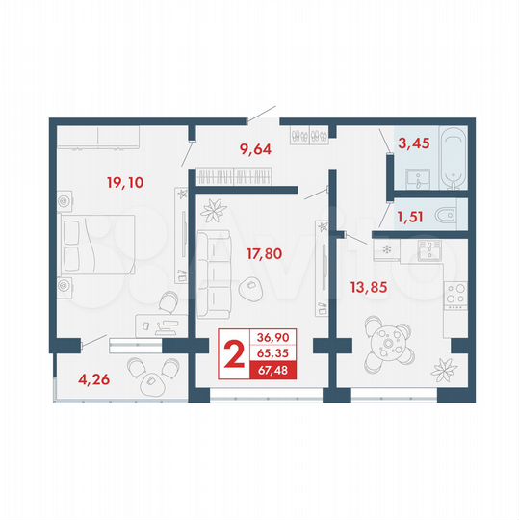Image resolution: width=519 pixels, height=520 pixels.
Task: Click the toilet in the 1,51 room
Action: point(446,215)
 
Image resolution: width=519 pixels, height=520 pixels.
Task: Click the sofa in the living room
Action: point(213,273)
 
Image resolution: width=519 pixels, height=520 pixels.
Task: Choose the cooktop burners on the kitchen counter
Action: point(454,294)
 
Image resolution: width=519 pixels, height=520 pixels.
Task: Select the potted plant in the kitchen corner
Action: point(446,368)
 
